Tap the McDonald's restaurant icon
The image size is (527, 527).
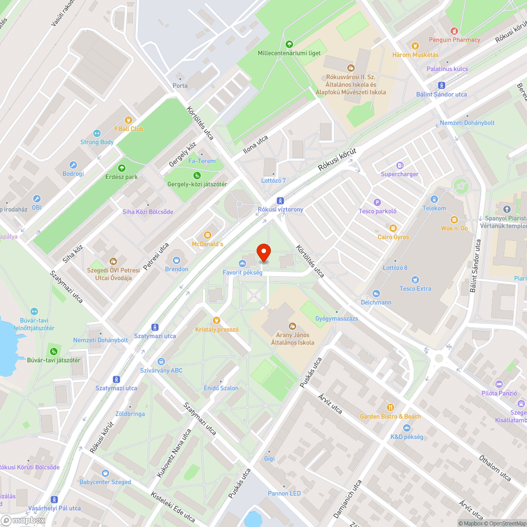pyautogui.click(x=208, y=235)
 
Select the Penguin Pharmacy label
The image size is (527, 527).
pyautogui.click(x=454, y=40)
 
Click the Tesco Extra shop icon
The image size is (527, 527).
pyautogui.click(x=415, y=279)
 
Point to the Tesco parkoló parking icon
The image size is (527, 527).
pyautogui.click(x=377, y=202)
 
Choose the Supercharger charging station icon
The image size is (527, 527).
pyautogui.click(x=399, y=165)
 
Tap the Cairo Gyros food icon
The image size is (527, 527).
pyautogui.click(x=393, y=228)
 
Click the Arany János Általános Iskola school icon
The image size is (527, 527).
pyautogui.click(x=292, y=325)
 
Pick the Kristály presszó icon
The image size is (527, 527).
pyautogui.click(x=216, y=320)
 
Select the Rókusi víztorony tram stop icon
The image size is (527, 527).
pyautogui.click(x=280, y=200)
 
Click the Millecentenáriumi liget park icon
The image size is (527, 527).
pyautogui.click(x=289, y=44)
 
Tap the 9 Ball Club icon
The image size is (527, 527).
pyautogui.click(x=128, y=120)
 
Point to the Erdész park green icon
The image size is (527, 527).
pyautogui.click(x=121, y=168)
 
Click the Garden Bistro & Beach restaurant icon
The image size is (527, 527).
pyautogui.click(x=390, y=407)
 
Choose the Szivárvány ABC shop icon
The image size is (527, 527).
pyautogui.click(x=161, y=362)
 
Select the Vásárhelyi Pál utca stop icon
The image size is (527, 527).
pyautogui.click(x=54, y=499)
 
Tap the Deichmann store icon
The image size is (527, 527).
pyautogui.click(x=376, y=294)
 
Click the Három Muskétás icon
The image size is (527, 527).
pyautogui.click(x=415, y=46)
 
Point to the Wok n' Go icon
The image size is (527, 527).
pyautogui.click(x=454, y=219)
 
